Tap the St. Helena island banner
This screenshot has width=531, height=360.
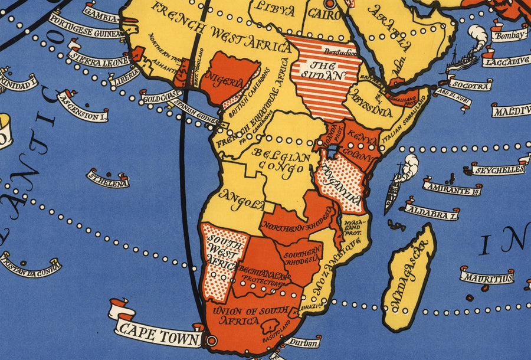(x=109, y=179)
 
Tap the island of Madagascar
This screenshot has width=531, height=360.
(x=408, y=277)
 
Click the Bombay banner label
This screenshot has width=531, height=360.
(x=509, y=35)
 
